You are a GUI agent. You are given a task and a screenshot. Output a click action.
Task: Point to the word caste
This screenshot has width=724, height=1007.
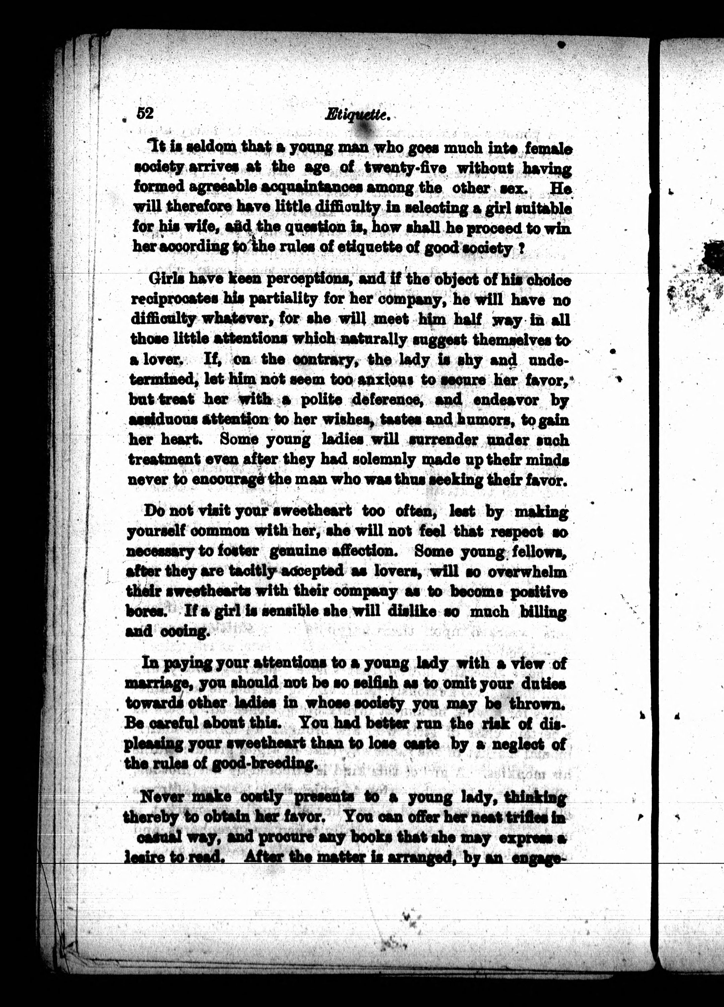pos(421,743)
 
